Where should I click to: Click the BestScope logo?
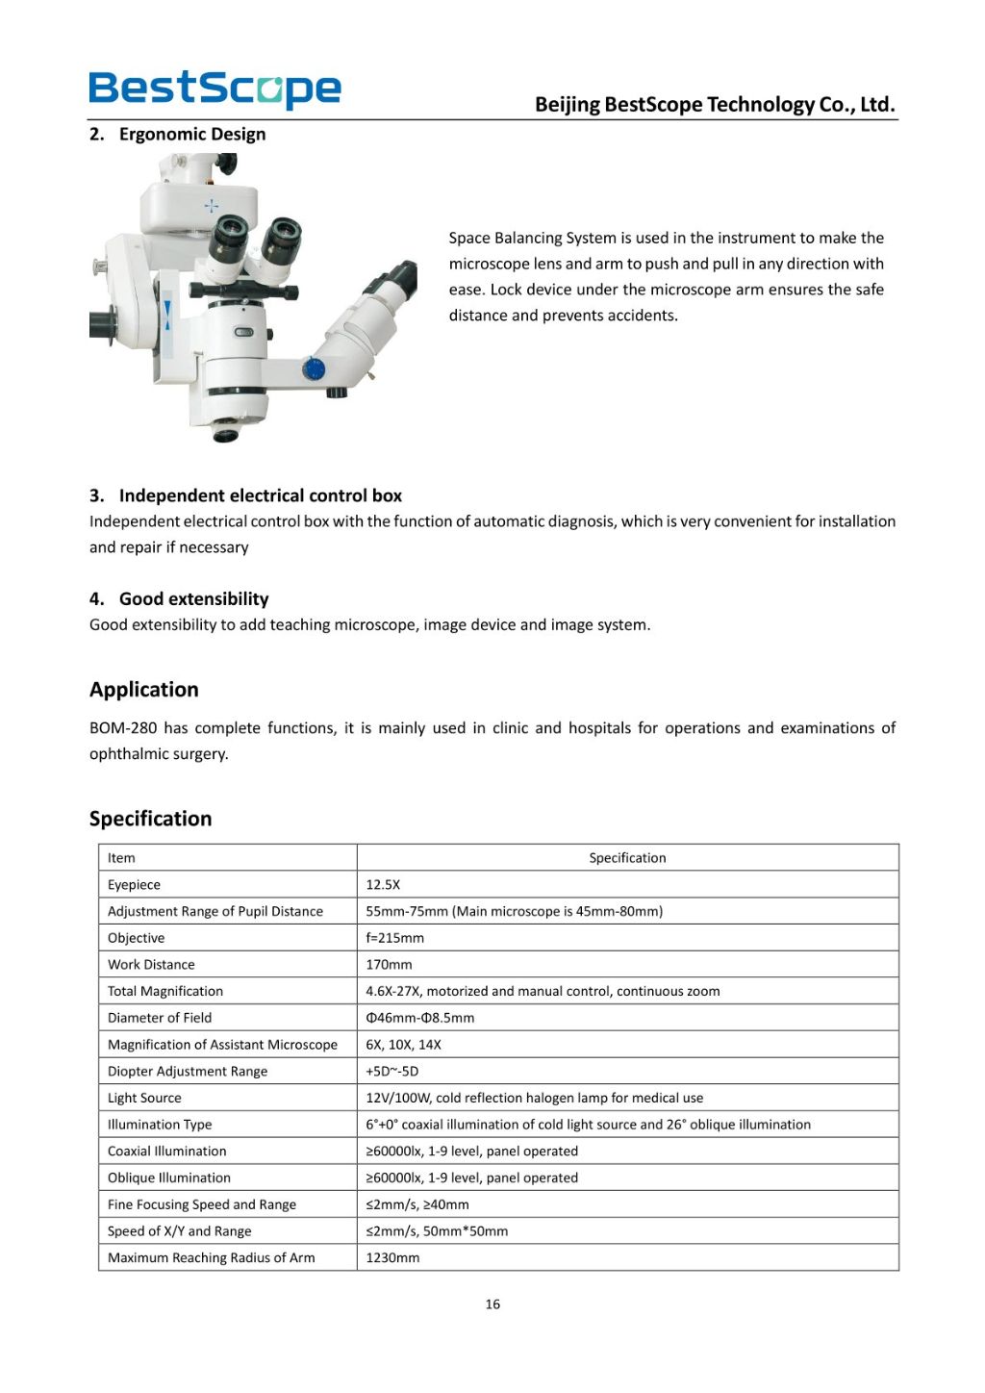pyautogui.click(x=215, y=89)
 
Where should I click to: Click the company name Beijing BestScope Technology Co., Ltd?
pyautogui.click(x=715, y=104)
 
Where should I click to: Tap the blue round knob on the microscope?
pyautogui.click(x=314, y=368)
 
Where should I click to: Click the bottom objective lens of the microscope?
pyautogui.click(x=225, y=433)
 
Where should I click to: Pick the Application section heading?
pyautogui.click(x=144, y=690)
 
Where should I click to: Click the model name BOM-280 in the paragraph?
pyautogui.click(x=123, y=728)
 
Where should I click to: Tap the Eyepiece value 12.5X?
pyautogui.click(x=383, y=885)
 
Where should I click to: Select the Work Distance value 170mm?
pyautogui.click(x=389, y=965)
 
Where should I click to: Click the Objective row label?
pyautogui.click(x=136, y=938)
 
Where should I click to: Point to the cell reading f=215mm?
pyautogui.click(x=394, y=938)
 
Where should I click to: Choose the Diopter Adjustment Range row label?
pyautogui.click(x=188, y=1072)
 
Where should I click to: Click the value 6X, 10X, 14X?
pyautogui.click(x=403, y=1045)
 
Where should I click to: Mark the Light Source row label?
pyautogui.click(x=144, y=1098)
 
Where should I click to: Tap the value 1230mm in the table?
pyautogui.click(x=392, y=1257)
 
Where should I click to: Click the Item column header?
pyautogui.click(x=121, y=858)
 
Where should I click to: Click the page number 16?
pyautogui.click(x=492, y=1304)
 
